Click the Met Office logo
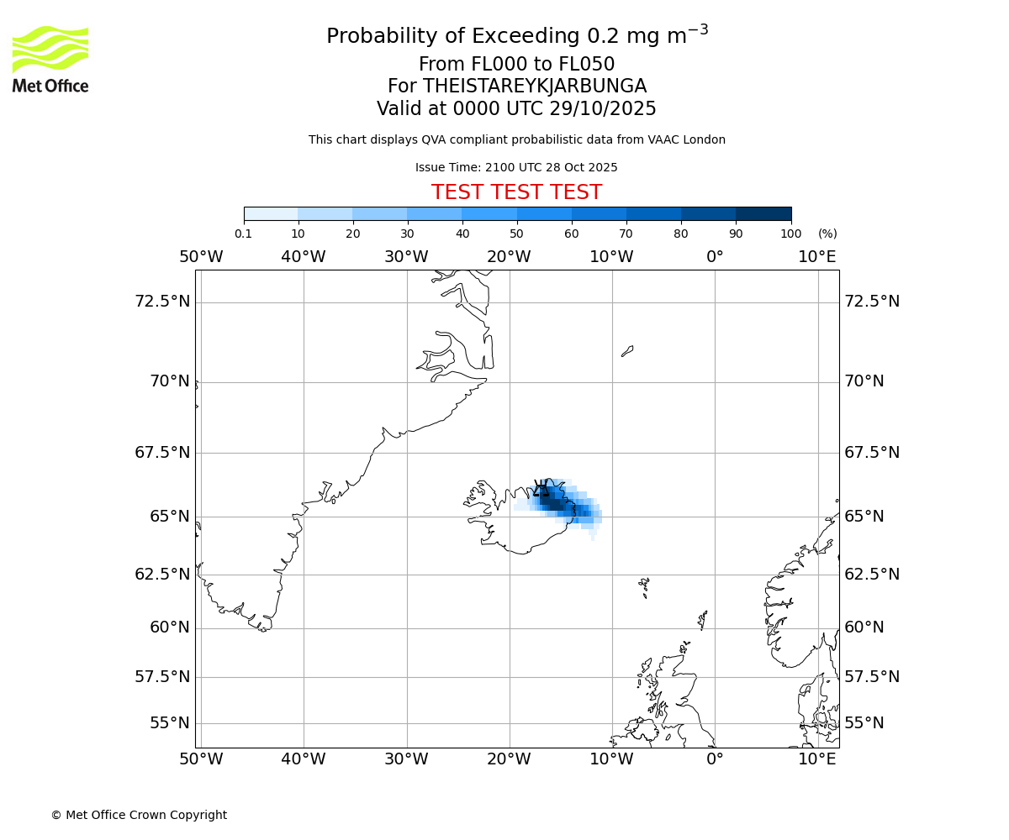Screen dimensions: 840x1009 50,59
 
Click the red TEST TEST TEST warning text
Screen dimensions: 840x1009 516,192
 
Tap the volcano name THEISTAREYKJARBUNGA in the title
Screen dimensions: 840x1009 534,87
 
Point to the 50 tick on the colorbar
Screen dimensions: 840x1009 516,234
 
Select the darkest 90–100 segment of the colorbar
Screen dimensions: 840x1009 763,213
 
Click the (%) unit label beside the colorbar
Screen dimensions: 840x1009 827,234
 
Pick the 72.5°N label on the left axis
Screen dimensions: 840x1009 162,301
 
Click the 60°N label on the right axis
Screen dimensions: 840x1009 864,627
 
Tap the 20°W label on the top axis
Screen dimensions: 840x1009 509,256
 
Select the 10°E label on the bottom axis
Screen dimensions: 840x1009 817,759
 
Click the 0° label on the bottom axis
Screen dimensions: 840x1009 715,759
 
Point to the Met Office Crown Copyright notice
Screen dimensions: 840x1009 139,815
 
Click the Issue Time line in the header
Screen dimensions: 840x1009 516,167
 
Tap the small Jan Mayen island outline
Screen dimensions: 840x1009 627,351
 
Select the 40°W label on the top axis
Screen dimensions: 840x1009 304,256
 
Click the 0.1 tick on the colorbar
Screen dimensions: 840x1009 244,234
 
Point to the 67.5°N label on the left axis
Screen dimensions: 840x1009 162,452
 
